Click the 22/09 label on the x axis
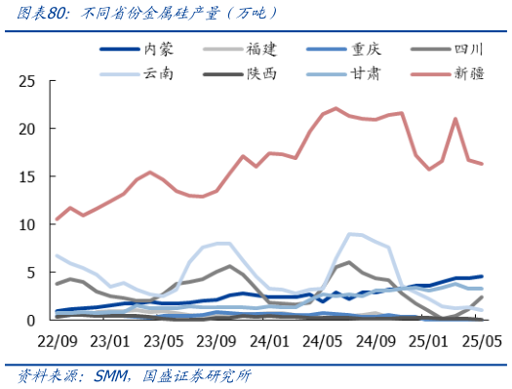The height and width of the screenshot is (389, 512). point(58,341)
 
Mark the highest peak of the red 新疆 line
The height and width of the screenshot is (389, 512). point(335,108)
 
